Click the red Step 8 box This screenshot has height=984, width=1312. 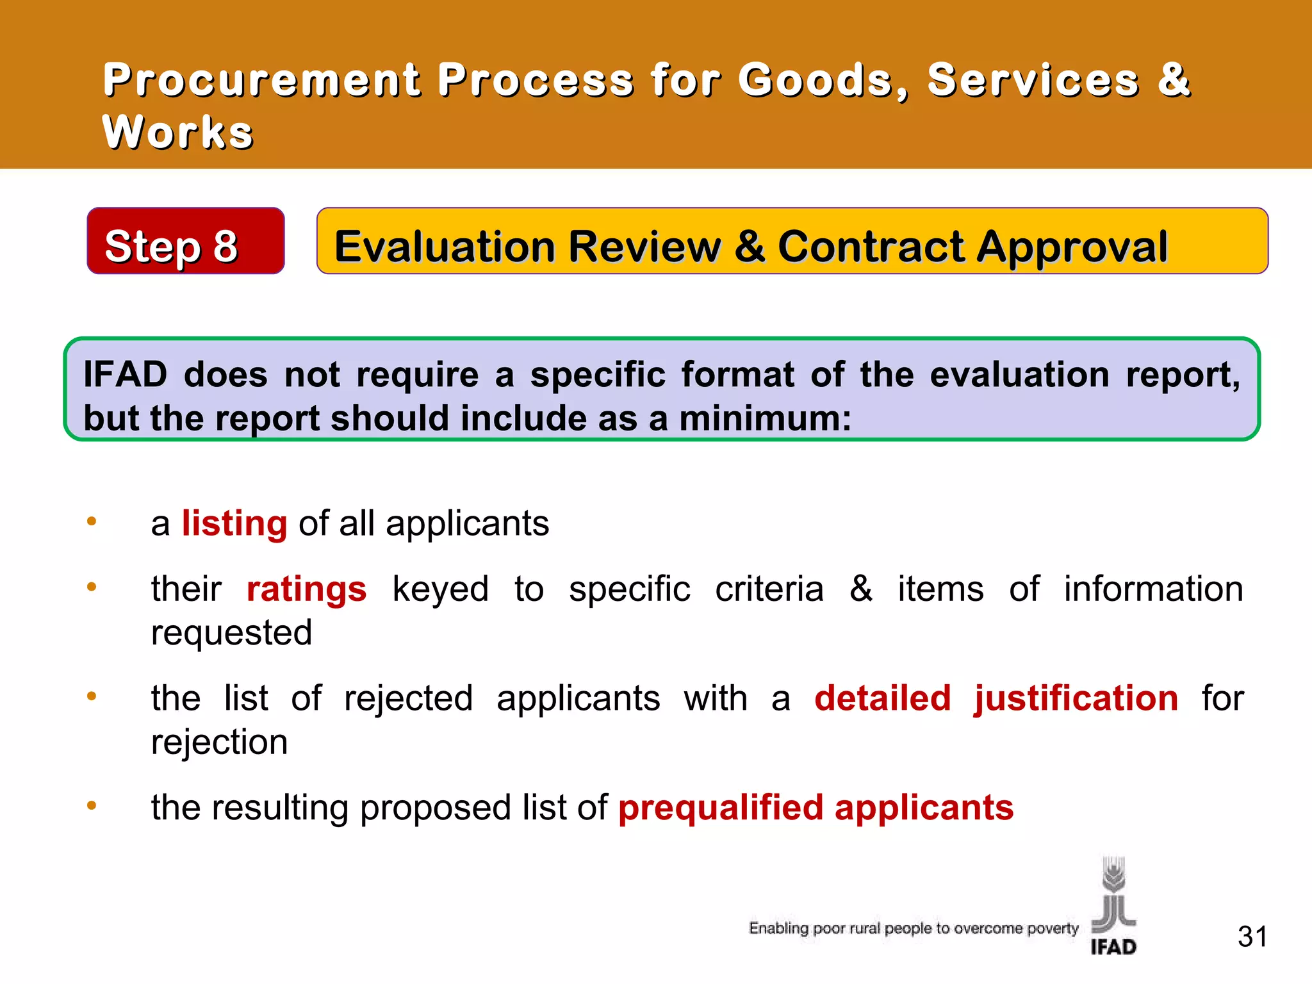[x=185, y=242]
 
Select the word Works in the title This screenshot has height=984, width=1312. [x=178, y=133]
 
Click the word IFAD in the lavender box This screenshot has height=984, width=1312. [x=126, y=375]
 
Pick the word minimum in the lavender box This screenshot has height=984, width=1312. [x=764, y=419]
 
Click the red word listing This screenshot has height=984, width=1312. [x=234, y=524]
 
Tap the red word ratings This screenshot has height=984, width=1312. [x=306, y=589]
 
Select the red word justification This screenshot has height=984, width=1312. [x=1076, y=698]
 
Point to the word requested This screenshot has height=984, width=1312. [x=231, y=634]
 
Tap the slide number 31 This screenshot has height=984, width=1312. [x=1252, y=937]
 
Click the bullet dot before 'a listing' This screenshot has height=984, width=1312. [x=92, y=521]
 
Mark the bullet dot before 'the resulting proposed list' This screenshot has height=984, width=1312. [x=92, y=805]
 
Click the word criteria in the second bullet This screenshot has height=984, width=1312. [x=769, y=589]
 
